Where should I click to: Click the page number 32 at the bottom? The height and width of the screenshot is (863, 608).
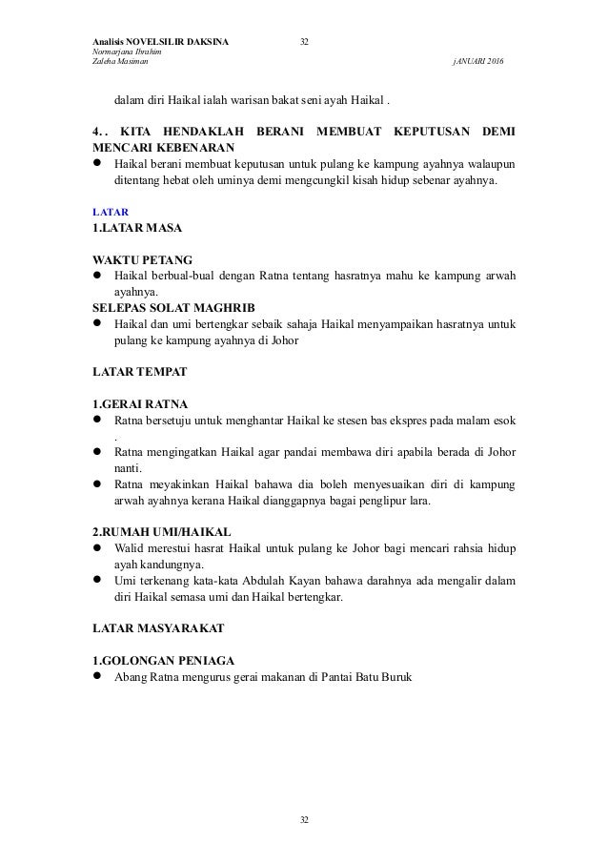tap(305, 819)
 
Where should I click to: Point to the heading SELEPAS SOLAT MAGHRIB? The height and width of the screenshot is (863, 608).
tap(174, 308)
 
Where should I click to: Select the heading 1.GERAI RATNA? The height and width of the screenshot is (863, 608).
tap(138, 402)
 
